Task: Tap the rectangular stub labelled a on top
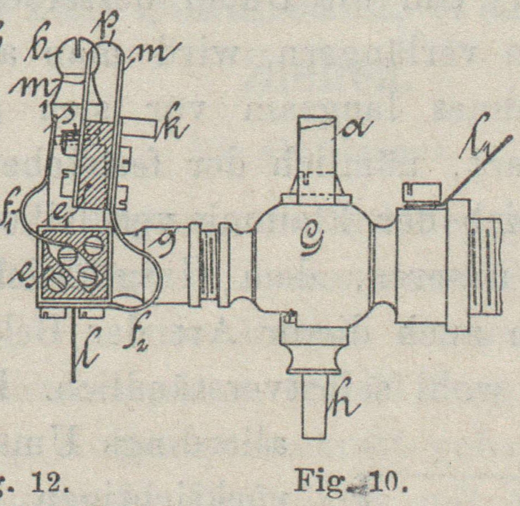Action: point(316,152)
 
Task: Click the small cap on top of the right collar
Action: point(421,191)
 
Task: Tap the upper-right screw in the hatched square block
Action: point(93,245)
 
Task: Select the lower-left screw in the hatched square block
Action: point(56,281)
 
